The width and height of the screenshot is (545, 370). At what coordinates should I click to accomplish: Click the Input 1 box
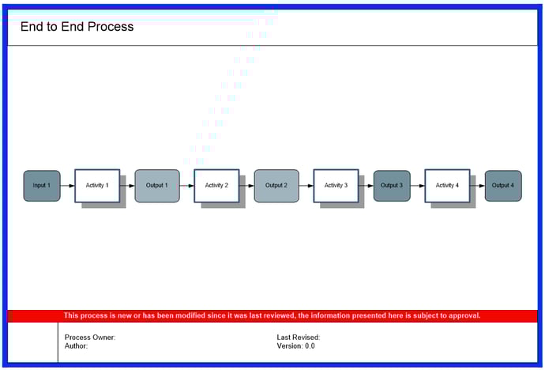pyautogui.click(x=42, y=186)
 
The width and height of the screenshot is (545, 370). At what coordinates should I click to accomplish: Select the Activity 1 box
pyautogui.click(x=97, y=186)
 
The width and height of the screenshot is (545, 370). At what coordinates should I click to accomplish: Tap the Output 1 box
pyautogui.click(x=157, y=186)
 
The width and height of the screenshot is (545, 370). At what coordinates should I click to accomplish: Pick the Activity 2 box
pyautogui.click(x=216, y=186)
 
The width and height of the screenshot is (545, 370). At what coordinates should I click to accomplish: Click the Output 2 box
pyautogui.click(x=276, y=186)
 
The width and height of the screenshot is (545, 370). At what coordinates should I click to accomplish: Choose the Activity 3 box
pyautogui.click(x=336, y=186)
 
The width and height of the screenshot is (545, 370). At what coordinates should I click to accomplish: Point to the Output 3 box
pyautogui.click(x=392, y=186)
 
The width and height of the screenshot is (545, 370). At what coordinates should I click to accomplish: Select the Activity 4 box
pyautogui.click(x=447, y=186)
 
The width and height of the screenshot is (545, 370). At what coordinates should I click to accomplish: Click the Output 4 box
pyautogui.click(x=503, y=186)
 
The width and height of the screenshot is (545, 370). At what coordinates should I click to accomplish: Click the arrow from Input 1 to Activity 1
pyautogui.click(x=67, y=186)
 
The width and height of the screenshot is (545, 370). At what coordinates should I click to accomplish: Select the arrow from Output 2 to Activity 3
pyautogui.click(x=306, y=186)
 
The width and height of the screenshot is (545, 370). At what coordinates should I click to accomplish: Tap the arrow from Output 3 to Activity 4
pyautogui.click(x=418, y=186)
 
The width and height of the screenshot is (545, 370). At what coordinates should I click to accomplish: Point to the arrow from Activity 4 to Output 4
pyautogui.click(x=478, y=186)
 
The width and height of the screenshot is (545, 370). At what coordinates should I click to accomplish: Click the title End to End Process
pyautogui.click(x=77, y=27)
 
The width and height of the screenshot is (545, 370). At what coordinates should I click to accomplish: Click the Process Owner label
pyautogui.click(x=90, y=338)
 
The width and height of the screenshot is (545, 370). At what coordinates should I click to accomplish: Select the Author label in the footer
pyautogui.click(x=76, y=346)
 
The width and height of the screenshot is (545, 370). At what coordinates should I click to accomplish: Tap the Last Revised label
pyautogui.click(x=299, y=338)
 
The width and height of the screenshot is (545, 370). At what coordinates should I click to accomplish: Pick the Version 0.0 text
pyautogui.click(x=295, y=346)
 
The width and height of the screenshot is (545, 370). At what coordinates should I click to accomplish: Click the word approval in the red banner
pyautogui.click(x=464, y=316)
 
